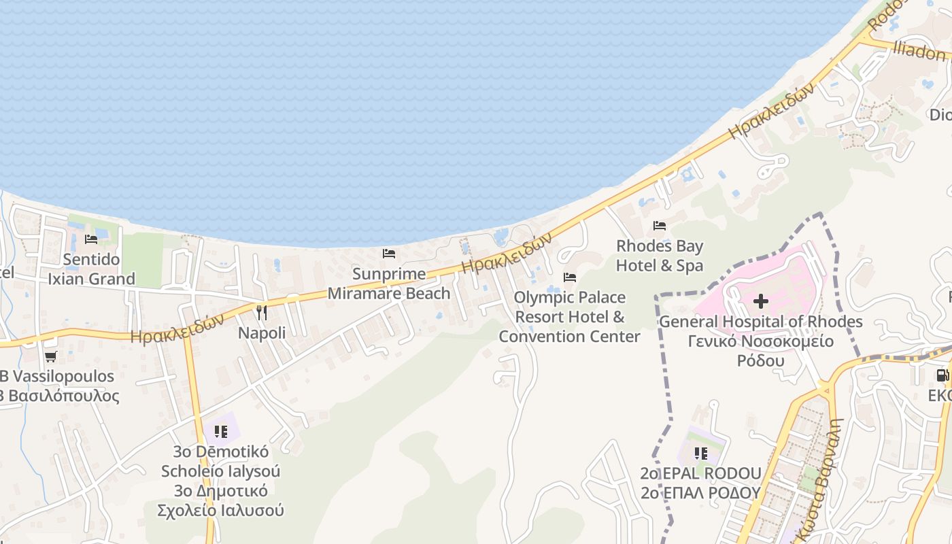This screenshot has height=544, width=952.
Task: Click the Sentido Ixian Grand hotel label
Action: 91,269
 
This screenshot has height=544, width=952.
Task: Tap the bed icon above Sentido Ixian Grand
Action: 91,239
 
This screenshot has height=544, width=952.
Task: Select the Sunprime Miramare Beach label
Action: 389,284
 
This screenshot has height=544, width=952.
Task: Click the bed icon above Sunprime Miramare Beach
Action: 389,254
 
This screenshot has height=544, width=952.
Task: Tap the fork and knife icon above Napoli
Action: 262,312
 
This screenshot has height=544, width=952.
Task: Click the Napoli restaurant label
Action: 262,333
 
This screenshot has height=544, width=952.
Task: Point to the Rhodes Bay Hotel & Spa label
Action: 660,256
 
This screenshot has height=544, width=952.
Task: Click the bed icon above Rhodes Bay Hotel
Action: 660,225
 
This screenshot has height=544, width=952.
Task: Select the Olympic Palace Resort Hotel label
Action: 570,317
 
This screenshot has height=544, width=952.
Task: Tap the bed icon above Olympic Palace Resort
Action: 570,277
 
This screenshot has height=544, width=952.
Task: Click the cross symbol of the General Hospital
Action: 761,301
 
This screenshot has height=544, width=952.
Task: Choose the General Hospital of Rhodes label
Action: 761,322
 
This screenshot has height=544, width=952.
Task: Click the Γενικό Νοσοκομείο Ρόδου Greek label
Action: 761,351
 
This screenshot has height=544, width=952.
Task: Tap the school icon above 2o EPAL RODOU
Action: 701,453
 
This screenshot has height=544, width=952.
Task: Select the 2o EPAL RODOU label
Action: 700,473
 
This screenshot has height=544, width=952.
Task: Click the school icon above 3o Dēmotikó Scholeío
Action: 220,431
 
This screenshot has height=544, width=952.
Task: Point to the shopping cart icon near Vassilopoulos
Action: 50,356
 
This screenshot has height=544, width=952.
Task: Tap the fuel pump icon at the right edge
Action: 942,375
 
